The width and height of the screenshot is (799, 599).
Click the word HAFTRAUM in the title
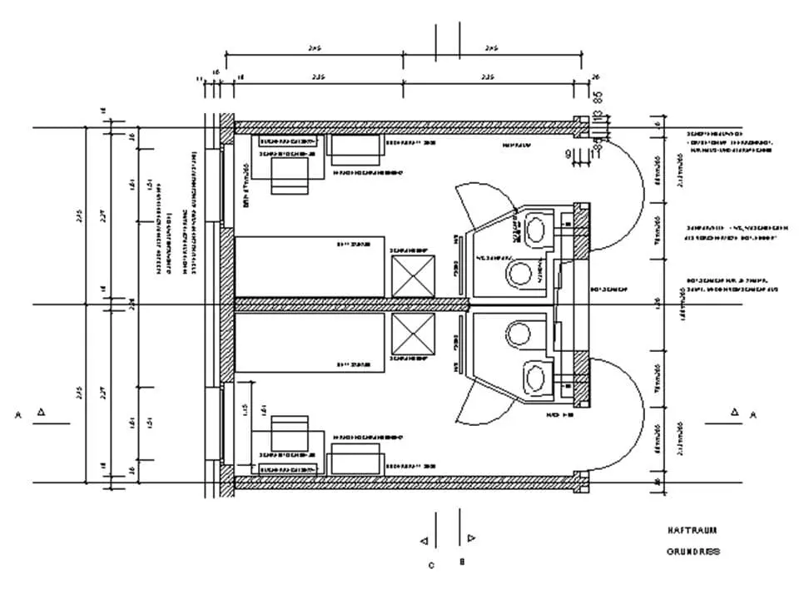pos(692,530)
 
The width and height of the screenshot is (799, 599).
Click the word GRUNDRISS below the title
pos(693,552)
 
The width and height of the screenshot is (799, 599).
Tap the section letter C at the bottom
pos(431,567)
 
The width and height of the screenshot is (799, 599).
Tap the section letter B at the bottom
pos(462,562)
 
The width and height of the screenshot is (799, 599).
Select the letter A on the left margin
pos(17,413)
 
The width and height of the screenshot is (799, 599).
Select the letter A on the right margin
pos(754,413)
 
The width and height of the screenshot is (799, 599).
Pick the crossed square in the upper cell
pos(414,275)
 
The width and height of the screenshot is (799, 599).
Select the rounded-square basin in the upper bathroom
pos(537,226)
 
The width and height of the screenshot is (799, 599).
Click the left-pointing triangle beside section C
pos(424,542)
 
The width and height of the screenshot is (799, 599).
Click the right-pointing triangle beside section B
pos(472,538)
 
